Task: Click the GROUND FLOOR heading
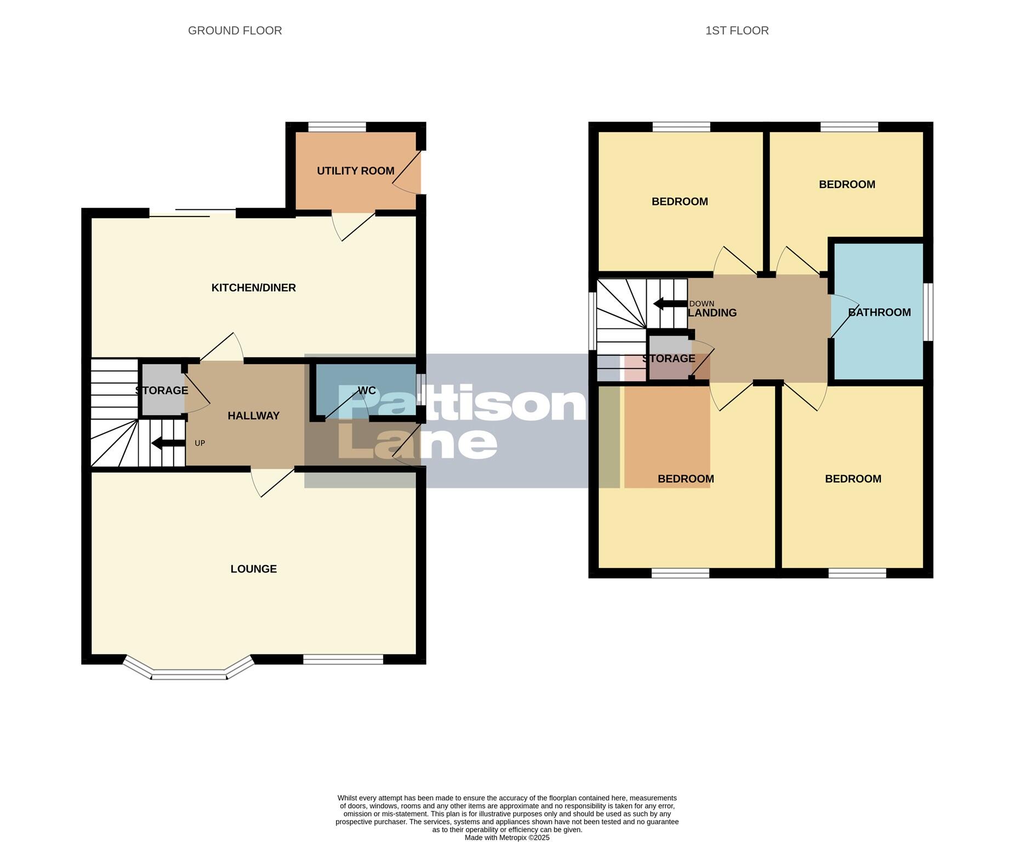(x=235, y=31)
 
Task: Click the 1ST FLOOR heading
(x=737, y=31)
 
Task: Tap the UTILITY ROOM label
(x=355, y=171)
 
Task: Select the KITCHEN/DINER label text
(x=253, y=288)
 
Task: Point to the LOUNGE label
(x=253, y=569)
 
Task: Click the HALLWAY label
(x=253, y=416)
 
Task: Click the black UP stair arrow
(x=168, y=443)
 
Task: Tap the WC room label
(x=367, y=390)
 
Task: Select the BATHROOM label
(x=879, y=312)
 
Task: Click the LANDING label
(x=712, y=313)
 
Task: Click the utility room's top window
(x=337, y=127)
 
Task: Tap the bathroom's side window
(x=928, y=312)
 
